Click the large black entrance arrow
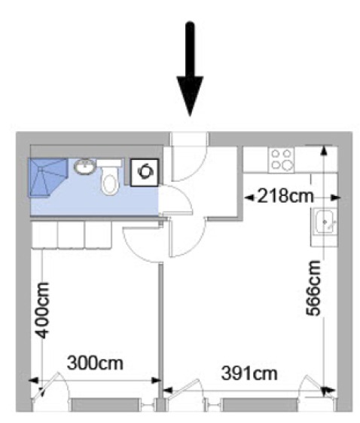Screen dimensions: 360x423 point(190,69)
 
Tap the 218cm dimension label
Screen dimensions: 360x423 point(286,195)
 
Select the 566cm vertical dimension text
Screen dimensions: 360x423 point(313,287)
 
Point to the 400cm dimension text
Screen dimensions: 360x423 point(43,310)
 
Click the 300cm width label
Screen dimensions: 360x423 point(95,363)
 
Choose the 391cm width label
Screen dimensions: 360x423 point(249,373)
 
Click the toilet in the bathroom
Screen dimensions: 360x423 point(109,180)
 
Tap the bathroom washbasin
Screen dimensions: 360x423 point(84,166)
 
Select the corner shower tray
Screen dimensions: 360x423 point(47,177)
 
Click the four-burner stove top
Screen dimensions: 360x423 point(282,161)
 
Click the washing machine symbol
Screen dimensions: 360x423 point(145,173)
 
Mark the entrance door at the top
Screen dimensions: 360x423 point(189,157)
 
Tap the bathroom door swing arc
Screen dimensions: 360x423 point(185,195)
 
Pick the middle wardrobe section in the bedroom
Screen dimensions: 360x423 point(71,234)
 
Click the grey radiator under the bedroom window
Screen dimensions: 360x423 point(105,404)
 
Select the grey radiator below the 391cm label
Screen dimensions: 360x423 point(258,405)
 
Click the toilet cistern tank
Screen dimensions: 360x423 point(109,163)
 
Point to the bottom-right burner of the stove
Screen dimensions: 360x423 point(288,165)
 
